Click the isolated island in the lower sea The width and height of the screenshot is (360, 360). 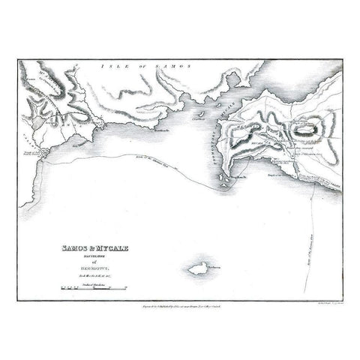(199, 267)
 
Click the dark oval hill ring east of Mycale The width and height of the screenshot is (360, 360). (307, 129)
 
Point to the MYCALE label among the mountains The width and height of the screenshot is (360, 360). (259, 139)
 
